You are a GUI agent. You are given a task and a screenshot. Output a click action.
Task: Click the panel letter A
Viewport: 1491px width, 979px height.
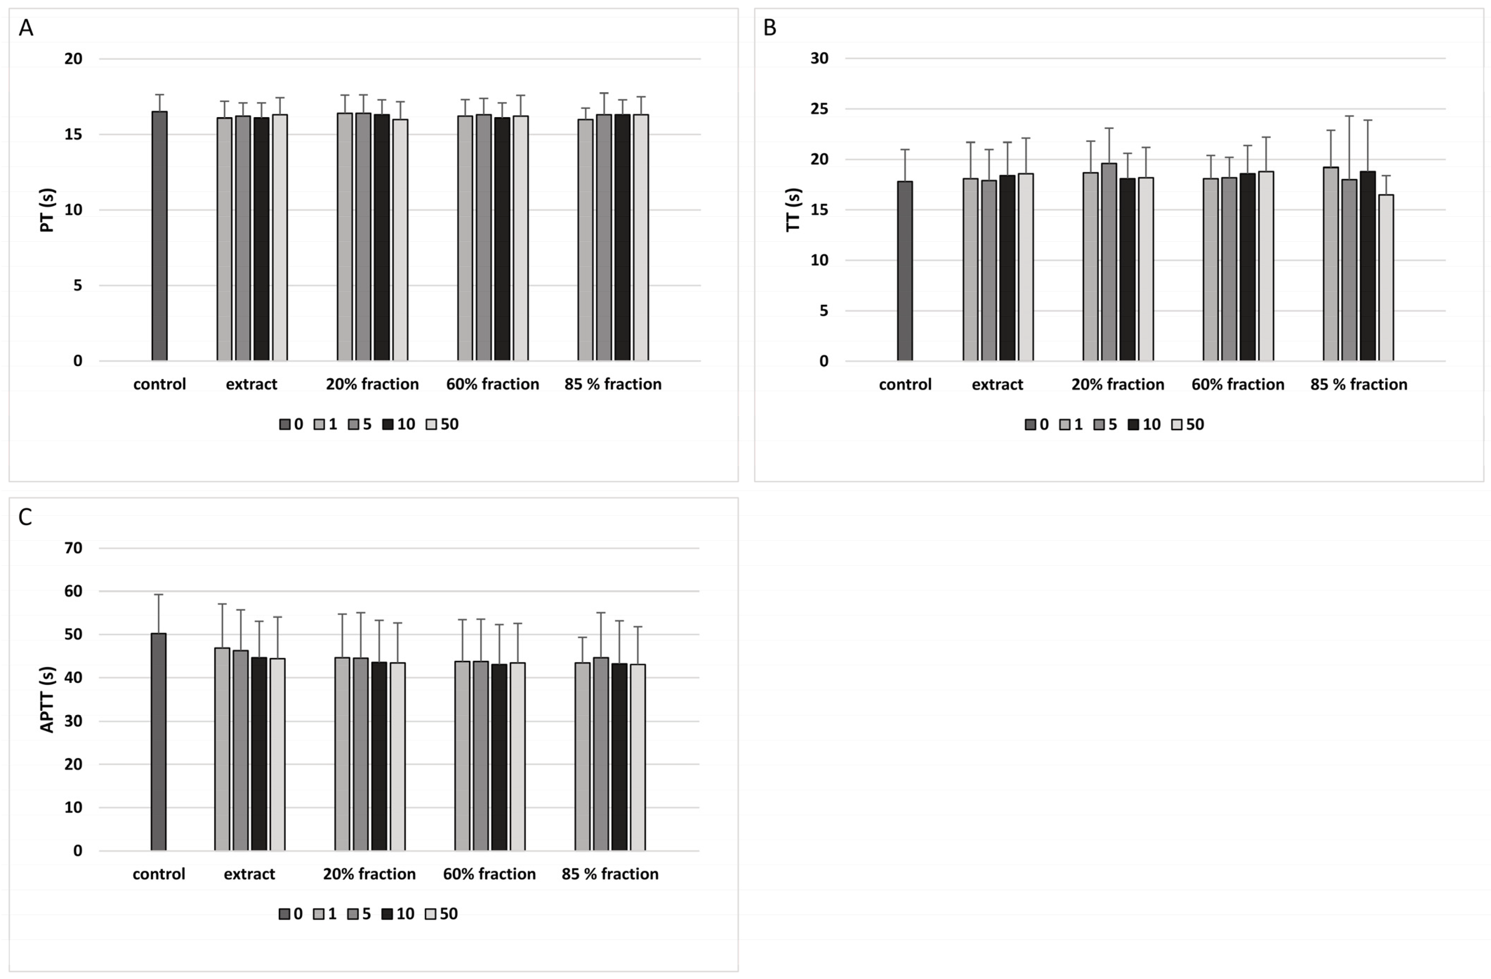pos(26,28)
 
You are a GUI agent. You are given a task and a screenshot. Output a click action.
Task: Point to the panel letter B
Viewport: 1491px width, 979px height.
pos(770,28)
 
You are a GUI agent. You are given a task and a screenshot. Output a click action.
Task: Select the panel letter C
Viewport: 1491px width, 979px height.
pos(25,517)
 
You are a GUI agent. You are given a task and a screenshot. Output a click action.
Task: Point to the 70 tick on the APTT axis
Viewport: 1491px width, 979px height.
pos(73,548)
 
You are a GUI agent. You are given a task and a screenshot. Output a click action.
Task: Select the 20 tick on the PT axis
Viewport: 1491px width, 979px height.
pos(73,59)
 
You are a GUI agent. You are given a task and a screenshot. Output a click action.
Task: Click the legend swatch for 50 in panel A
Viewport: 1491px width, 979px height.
pos(431,425)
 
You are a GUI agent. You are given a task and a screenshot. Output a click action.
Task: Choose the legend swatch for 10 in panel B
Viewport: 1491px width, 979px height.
pos(1133,425)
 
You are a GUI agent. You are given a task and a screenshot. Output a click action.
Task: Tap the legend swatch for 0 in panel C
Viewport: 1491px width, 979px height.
pos(284,914)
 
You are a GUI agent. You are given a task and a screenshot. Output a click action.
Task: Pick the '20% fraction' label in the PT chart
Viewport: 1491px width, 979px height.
pos(372,384)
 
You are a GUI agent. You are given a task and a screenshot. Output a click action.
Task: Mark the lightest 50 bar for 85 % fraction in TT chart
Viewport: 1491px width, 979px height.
pos(1386,278)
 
